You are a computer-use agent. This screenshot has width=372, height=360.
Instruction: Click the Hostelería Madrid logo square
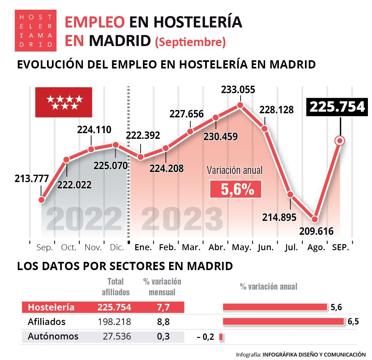36,31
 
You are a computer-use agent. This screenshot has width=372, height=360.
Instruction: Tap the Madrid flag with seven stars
64,102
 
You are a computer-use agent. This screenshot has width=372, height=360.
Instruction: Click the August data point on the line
314,219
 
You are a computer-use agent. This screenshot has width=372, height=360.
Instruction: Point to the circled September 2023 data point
340,141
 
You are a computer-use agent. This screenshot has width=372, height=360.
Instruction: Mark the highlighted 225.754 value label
337,107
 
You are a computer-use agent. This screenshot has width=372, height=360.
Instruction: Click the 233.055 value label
238,90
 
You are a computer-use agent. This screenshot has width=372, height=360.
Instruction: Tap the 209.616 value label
316,231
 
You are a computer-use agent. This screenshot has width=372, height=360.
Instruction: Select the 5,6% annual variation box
236,189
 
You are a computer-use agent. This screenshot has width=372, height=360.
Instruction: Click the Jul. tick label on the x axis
291,247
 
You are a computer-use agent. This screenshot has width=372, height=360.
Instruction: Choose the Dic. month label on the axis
117,247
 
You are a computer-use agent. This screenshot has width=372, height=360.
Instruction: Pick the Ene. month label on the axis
143,247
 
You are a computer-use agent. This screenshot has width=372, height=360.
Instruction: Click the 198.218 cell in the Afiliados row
114,322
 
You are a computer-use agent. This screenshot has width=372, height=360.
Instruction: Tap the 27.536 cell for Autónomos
117,336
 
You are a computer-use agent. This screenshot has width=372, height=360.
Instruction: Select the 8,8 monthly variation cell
163,322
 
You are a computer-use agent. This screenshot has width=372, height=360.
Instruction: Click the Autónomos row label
53,336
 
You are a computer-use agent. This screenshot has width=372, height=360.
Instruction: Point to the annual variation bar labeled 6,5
283,322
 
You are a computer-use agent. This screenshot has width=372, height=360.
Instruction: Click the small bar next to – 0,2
221,337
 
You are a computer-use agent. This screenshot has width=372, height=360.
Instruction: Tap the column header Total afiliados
116,287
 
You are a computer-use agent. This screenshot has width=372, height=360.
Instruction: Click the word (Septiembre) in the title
190,42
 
